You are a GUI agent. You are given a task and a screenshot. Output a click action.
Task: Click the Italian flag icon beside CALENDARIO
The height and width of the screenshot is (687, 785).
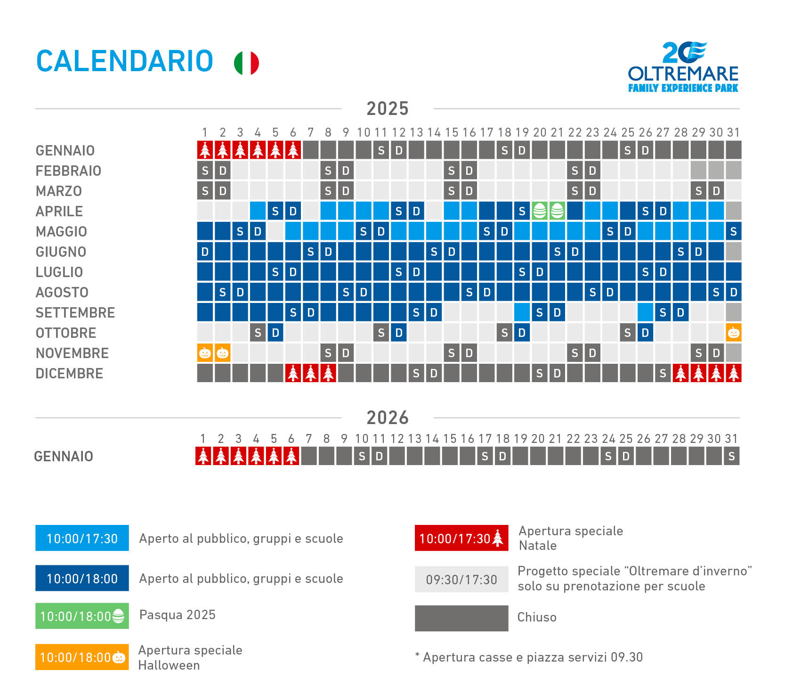tap(246, 63)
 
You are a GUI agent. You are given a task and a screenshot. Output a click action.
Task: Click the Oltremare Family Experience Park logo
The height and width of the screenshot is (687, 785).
tap(683, 67)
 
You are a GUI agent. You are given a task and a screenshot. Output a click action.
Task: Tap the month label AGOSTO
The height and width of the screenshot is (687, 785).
tap(62, 293)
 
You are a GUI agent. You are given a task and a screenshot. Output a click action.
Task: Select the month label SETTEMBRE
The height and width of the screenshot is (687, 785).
tap(75, 313)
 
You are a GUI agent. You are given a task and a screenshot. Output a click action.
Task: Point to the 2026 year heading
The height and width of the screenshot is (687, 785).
tap(387, 418)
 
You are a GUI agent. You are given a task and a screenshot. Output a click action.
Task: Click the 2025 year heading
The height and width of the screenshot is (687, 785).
tap(387, 109)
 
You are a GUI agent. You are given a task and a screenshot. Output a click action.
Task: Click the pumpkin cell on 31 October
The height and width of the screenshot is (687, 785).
tap(733, 333)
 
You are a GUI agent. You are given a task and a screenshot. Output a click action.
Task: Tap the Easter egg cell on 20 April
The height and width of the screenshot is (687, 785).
tap(540, 211)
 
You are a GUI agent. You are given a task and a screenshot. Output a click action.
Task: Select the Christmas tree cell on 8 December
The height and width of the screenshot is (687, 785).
tap(328, 374)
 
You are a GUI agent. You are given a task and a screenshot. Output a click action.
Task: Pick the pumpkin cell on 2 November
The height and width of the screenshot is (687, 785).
tap(222, 353)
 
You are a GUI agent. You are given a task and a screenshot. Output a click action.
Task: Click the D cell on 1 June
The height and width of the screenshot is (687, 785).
tap(205, 252)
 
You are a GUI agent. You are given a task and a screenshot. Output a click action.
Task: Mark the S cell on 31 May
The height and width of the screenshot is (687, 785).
tap(733, 232)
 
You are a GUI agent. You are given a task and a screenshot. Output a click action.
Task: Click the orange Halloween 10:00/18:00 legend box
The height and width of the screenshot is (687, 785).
tap(82, 657)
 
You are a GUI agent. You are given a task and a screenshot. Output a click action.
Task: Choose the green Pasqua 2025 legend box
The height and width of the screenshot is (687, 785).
tap(82, 616)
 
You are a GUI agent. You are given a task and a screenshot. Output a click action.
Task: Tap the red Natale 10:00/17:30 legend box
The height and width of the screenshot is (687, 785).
tap(461, 538)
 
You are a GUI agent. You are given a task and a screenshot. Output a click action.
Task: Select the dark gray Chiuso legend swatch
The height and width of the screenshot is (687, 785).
tap(461, 618)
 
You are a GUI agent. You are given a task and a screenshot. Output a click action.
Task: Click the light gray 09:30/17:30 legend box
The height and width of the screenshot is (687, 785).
tap(461, 579)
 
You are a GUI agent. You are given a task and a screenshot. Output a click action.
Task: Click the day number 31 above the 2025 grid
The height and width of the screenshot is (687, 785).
tap(733, 132)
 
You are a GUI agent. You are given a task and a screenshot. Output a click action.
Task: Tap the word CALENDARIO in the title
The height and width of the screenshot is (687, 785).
tap(125, 62)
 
